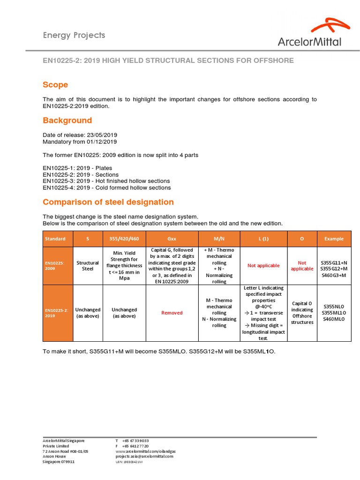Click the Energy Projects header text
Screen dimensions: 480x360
point(74,35)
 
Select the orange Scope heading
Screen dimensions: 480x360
point(55,85)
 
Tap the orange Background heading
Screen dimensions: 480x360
point(67,120)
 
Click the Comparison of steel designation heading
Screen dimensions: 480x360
point(108,202)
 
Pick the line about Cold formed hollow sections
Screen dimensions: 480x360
point(106,187)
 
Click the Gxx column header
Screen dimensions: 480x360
point(172,239)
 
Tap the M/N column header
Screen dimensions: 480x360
point(219,239)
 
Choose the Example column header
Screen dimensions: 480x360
point(334,239)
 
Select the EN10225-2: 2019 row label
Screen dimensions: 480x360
point(56,313)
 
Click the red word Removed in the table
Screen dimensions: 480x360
point(172,313)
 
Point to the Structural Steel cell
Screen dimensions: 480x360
point(88,266)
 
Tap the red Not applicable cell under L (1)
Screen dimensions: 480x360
point(263,266)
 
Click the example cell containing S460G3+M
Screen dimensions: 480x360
point(334,275)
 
